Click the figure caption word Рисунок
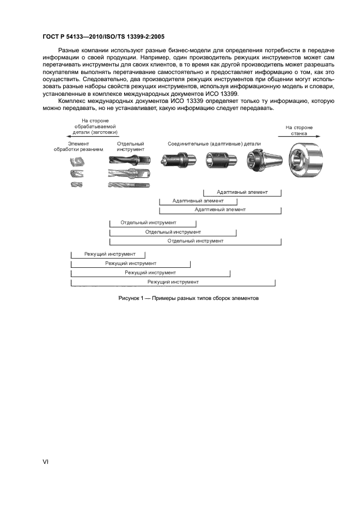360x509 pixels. coord(131,298)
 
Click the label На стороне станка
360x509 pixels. coord(299,130)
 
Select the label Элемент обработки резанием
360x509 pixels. coord(78,146)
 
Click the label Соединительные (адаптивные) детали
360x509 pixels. coord(215,144)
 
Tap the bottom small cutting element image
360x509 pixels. coord(77,185)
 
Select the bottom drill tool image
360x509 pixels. coord(129,185)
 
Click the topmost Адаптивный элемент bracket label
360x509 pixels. coord(242,192)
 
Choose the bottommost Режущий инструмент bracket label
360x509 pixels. coord(173,282)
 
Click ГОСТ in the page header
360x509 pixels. coord(51,36)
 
